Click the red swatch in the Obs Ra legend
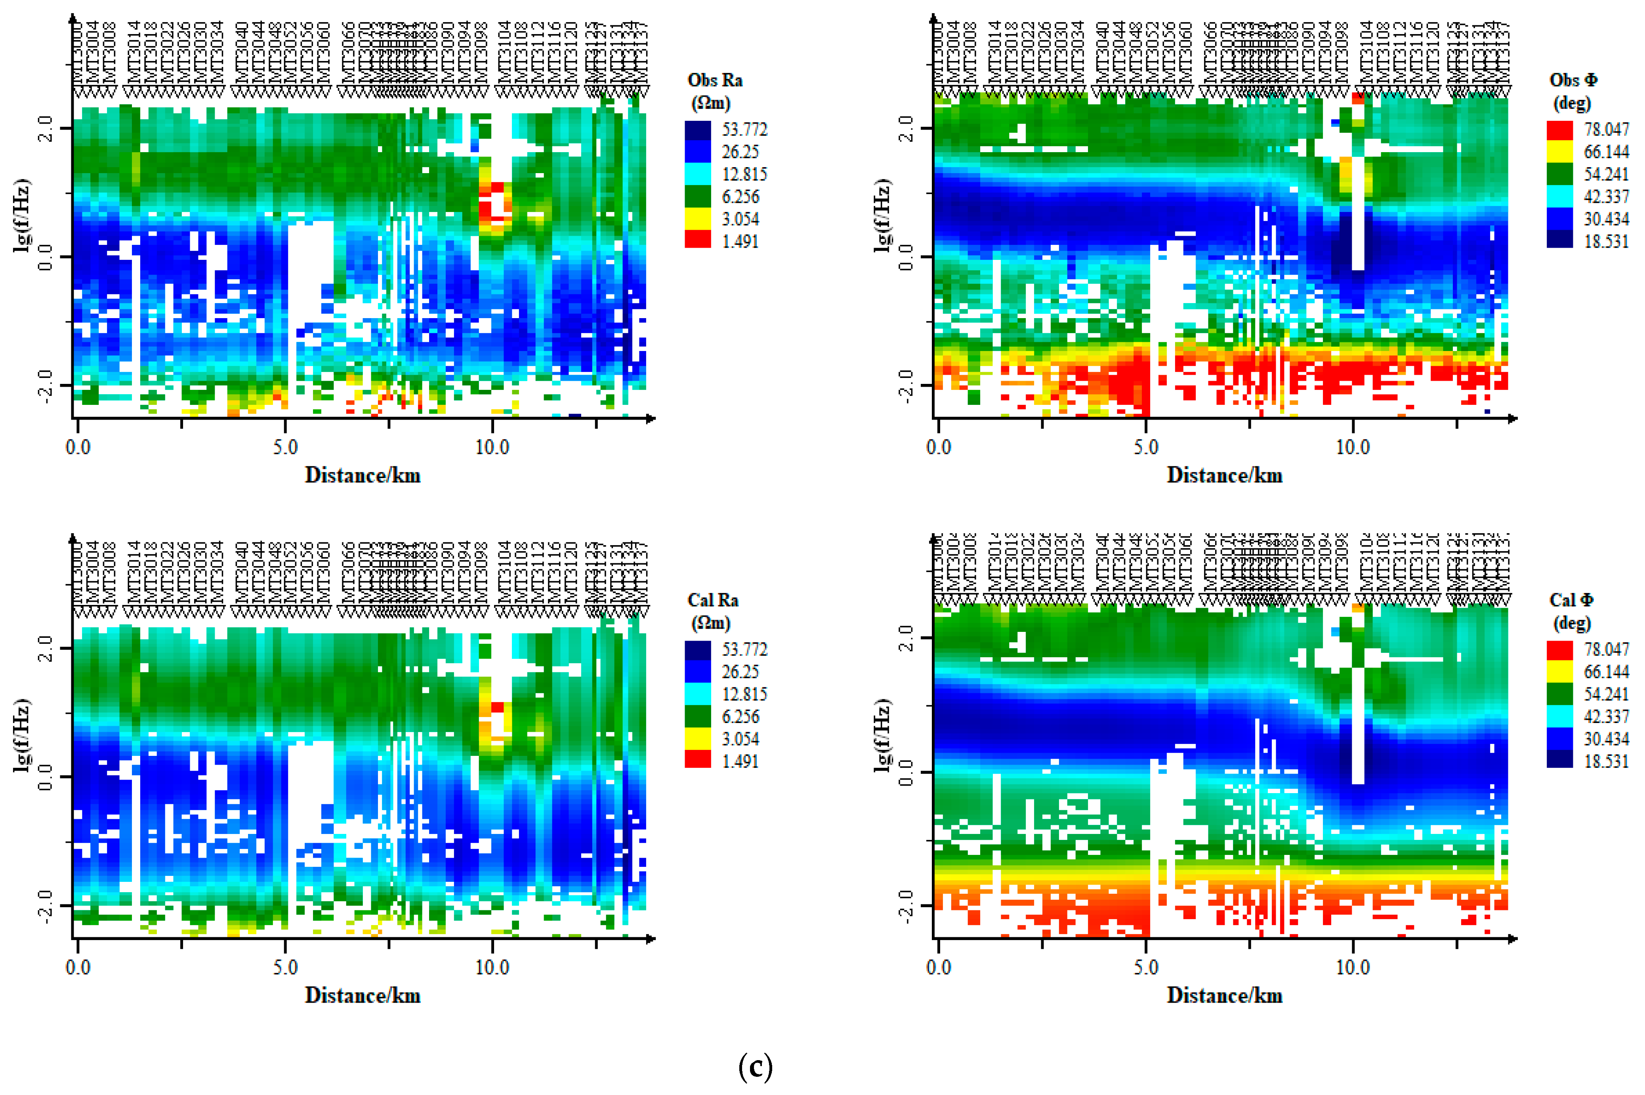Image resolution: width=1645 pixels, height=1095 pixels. (x=698, y=240)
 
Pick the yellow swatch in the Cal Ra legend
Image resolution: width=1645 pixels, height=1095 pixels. (x=698, y=738)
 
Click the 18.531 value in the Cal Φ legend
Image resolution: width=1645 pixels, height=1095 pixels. (x=1605, y=761)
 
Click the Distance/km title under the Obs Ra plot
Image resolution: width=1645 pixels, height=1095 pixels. (x=363, y=475)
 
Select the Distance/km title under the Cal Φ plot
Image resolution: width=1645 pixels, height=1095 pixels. (x=1224, y=995)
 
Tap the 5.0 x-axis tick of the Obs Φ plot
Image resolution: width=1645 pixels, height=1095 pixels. (x=1146, y=447)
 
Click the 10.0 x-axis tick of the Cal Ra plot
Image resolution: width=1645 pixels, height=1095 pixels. (x=492, y=967)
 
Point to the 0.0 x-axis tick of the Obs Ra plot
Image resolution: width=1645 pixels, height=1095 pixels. (x=78, y=447)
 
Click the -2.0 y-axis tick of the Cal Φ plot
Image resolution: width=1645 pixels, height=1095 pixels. (x=906, y=905)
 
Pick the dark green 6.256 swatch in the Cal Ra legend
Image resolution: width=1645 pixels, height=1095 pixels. (x=698, y=716)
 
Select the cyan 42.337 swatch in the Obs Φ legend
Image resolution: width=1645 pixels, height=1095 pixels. (x=1559, y=196)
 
